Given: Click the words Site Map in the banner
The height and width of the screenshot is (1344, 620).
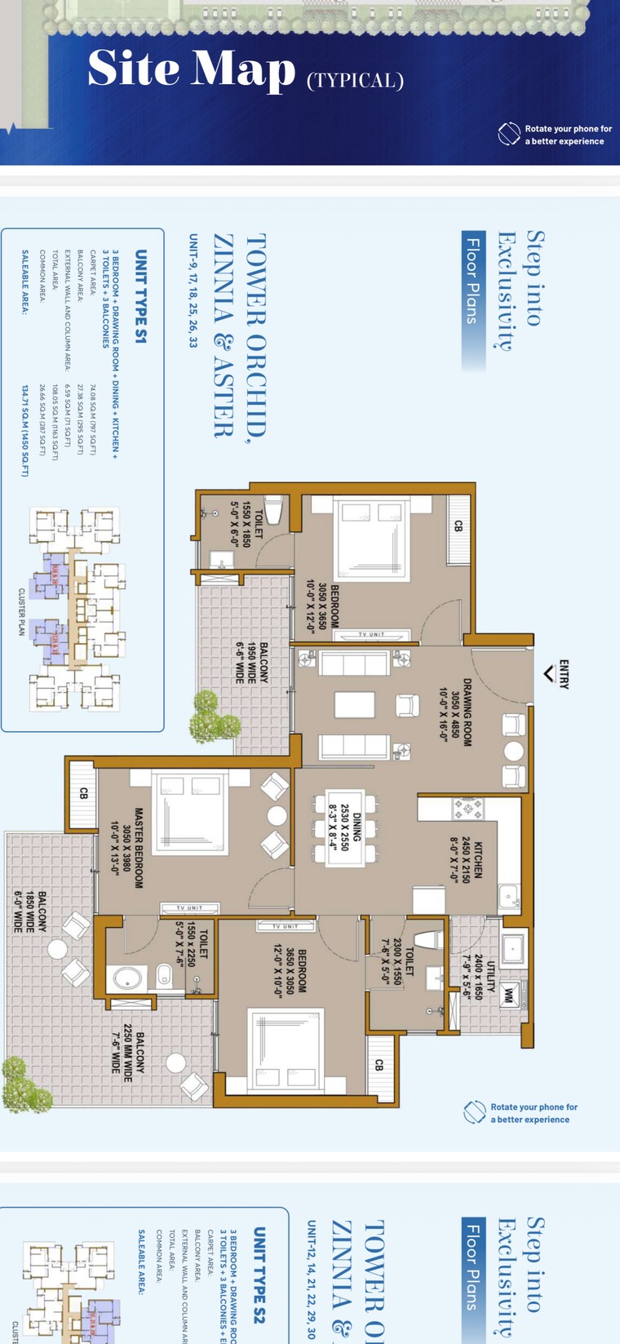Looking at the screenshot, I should click(191, 69).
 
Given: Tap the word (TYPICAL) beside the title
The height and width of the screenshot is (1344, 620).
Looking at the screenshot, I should click(355, 80).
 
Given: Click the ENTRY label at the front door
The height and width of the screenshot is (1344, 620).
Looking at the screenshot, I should click(564, 674).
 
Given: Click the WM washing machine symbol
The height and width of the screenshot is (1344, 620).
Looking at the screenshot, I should click(509, 996).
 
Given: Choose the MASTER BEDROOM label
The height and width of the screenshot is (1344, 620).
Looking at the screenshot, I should click(126, 848).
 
